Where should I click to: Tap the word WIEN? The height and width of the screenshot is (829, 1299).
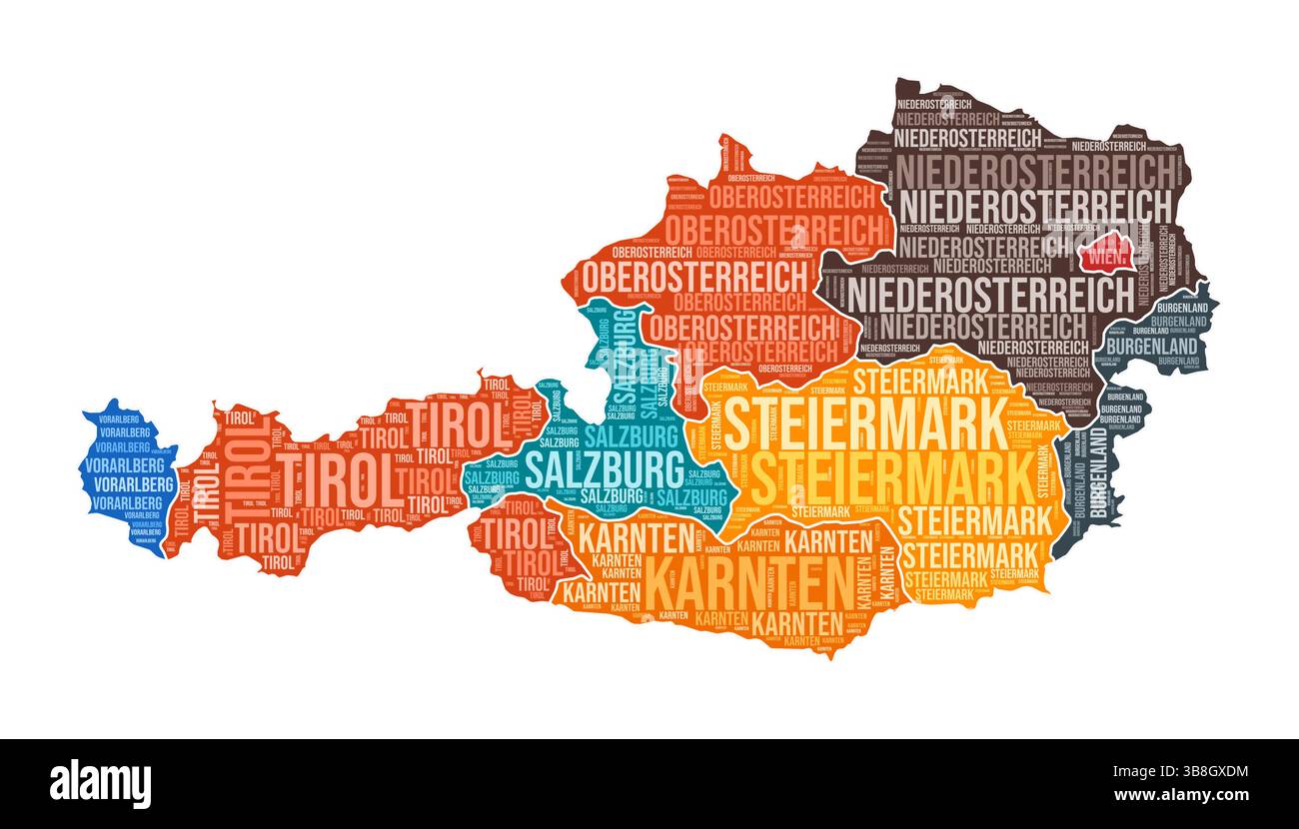1108,259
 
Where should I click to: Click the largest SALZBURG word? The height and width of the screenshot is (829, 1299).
606,466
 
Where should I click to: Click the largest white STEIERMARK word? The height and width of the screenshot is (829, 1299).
865,424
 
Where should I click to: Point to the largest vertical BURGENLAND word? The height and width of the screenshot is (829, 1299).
1097,473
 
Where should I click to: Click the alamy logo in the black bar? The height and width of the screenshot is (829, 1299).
100,784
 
